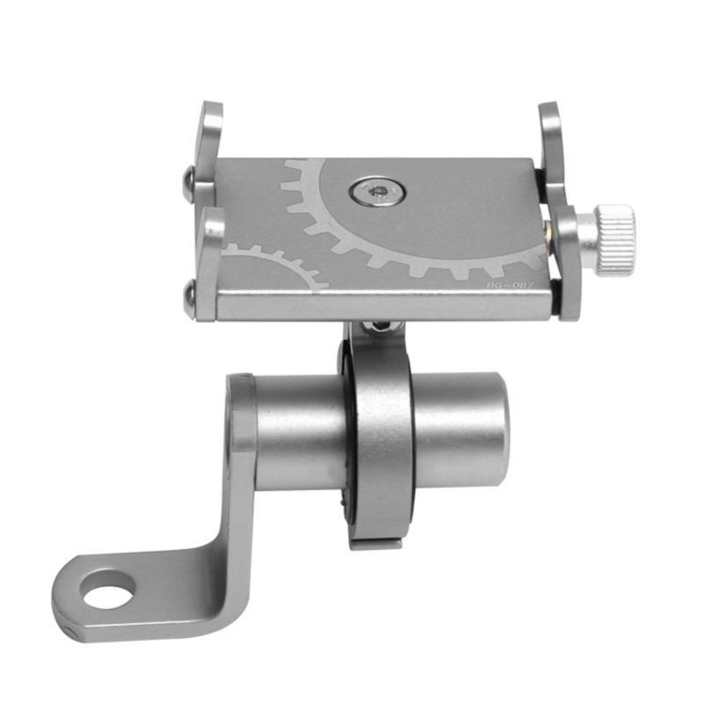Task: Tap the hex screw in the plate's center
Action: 376,190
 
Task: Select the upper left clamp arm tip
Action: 210,119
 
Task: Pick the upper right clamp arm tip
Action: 548,120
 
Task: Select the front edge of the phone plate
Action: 387,306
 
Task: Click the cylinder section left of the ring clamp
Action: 295,431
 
